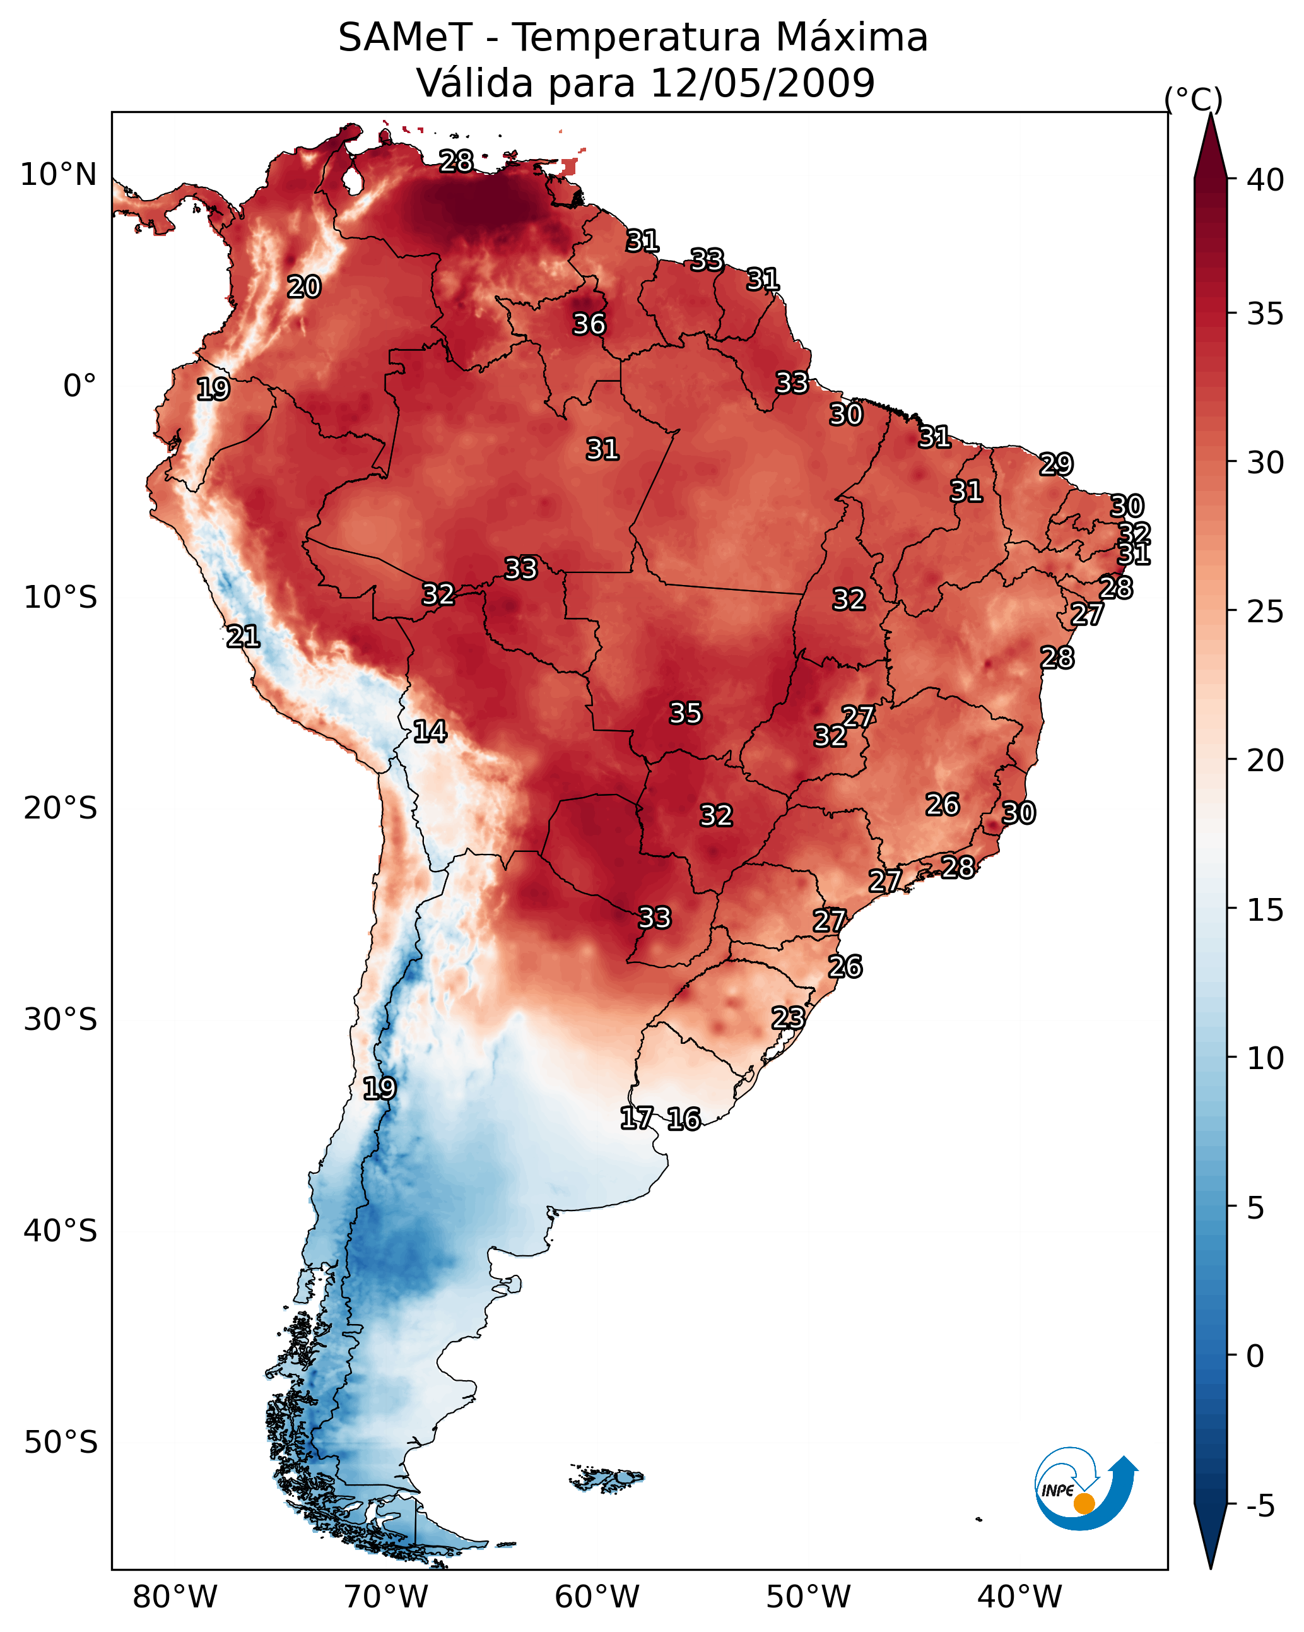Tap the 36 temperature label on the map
[x=589, y=324]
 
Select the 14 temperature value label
[x=430, y=731]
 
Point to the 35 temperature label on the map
[x=686, y=713]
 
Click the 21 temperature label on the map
[x=243, y=637]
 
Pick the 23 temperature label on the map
[x=788, y=1017]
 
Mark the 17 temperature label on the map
[x=637, y=1118]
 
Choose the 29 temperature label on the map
[x=1056, y=464]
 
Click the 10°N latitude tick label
[x=58, y=175]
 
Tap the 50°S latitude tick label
[x=61, y=1442]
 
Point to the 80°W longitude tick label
[x=175, y=1597]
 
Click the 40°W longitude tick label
[x=1019, y=1597]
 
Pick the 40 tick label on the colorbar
[x=1266, y=180]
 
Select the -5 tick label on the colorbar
[x=1261, y=1506]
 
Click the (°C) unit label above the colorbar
[x=1194, y=99]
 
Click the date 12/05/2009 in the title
[x=762, y=83]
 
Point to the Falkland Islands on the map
[x=607, y=1477]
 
